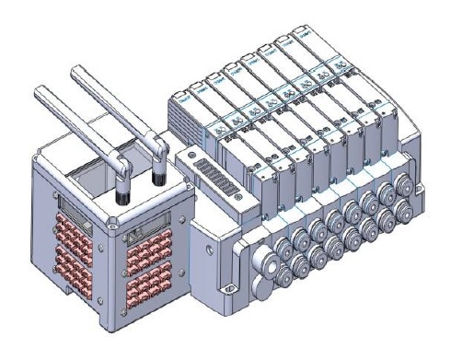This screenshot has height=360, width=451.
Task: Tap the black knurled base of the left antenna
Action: [x=121, y=193]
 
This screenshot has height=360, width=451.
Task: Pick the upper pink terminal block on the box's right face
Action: [x=148, y=250]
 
